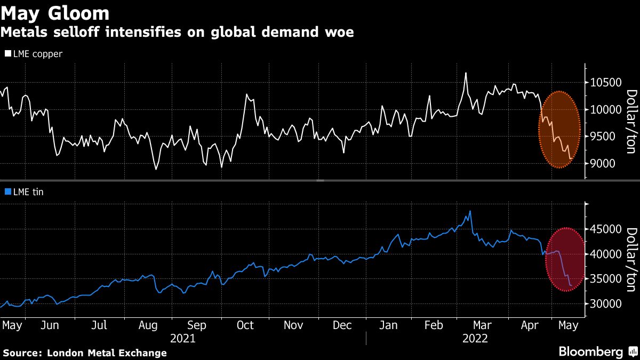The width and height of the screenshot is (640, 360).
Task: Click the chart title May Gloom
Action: (x=55, y=13)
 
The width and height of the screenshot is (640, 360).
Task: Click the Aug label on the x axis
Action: (x=148, y=325)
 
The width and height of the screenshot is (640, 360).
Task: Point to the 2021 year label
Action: (x=182, y=339)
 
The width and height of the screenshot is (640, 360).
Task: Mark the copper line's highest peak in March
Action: (x=466, y=73)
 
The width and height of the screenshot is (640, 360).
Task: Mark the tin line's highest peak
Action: (x=470, y=211)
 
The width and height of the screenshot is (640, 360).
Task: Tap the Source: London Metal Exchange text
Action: (x=85, y=353)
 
